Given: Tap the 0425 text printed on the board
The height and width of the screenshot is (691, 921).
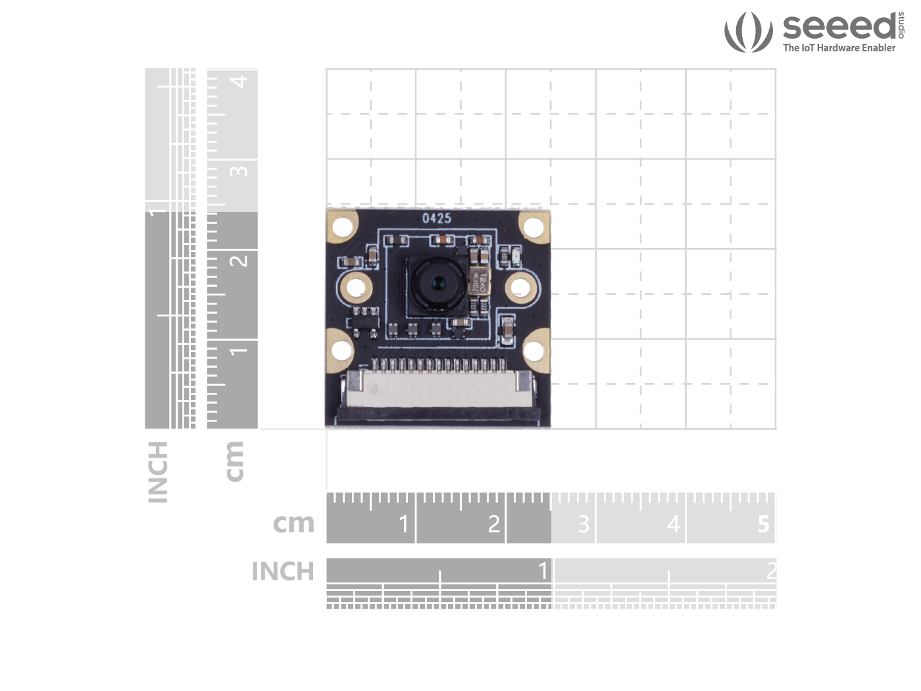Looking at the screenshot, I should (x=437, y=218).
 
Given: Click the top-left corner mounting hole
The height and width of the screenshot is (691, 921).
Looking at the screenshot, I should (x=342, y=227).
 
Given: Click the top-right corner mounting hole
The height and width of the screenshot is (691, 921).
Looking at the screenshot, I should (x=534, y=227).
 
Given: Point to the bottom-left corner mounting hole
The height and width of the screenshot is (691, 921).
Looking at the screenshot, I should (x=342, y=350).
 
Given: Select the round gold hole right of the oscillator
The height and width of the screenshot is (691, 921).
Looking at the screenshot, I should (x=520, y=288).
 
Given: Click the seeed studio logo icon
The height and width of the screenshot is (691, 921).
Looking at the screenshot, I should (x=748, y=32).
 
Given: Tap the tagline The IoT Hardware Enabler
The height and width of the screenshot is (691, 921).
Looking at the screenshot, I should (x=839, y=48).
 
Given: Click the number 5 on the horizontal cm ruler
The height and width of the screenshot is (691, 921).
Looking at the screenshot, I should (x=763, y=525).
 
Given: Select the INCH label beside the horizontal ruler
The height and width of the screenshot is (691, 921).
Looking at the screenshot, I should (x=283, y=571).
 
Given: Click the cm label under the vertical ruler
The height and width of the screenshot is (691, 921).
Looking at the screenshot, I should (x=234, y=461).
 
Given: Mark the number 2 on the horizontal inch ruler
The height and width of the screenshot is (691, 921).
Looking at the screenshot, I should (x=771, y=571).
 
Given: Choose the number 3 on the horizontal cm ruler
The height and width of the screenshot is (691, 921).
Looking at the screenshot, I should (x=584, y=525).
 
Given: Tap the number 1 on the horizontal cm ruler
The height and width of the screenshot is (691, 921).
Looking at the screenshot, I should (x=404, y=525).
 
